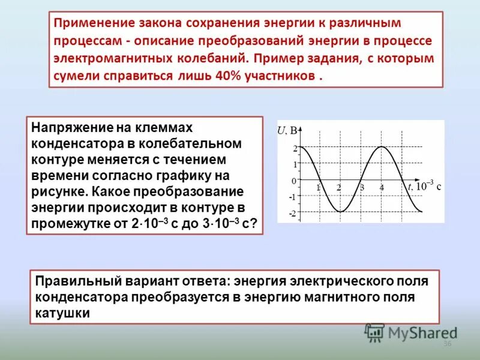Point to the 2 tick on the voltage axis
click(295, 147)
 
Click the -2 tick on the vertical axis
click(292, 214)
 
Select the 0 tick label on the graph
click(294, 181)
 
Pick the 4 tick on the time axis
click(382, 187)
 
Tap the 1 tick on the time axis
click(318, 187)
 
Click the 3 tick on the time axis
click(362, 187)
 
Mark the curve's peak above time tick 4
click(381, 147)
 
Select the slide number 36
click(446, 344)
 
